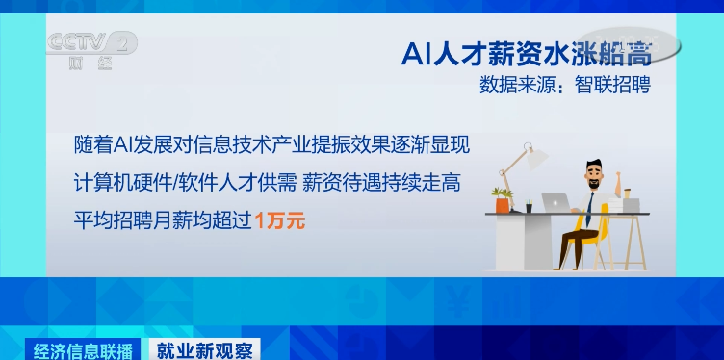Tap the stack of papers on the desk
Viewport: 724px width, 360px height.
point(626,205)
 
